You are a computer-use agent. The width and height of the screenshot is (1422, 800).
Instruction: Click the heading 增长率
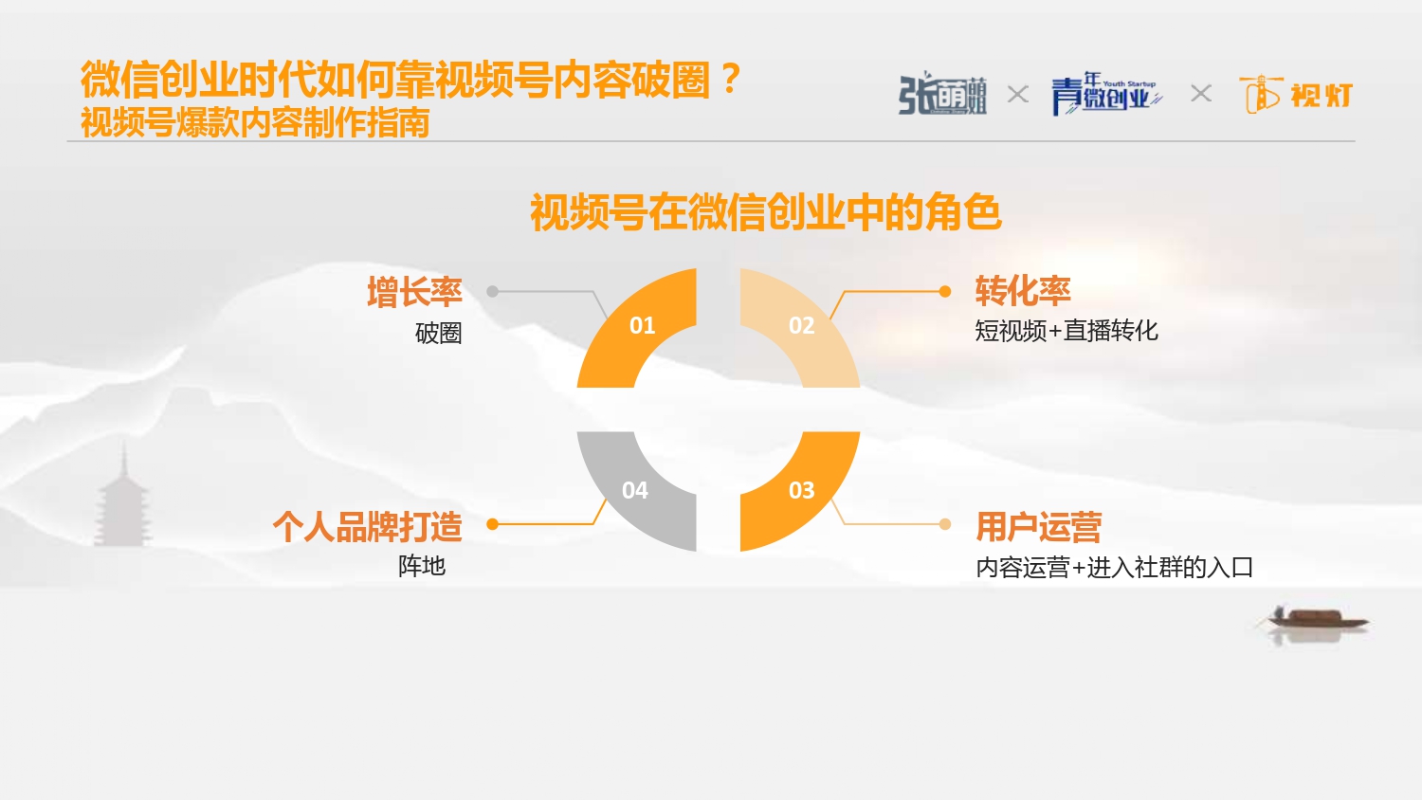click(x=414, y=292)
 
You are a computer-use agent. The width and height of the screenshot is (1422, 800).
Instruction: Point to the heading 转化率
click(x=1023, y=291)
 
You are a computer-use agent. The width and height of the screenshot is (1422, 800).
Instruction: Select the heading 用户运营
click(x=1039, y=526)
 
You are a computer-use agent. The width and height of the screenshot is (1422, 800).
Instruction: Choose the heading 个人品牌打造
click(x=368, y=526)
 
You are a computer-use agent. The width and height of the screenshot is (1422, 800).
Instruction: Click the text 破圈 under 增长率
click(x=439, y=334)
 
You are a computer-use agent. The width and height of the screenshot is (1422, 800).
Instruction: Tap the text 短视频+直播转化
click(x=1066, y=331)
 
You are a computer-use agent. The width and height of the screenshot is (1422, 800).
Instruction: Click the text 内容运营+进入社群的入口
click(x=1115, y=567)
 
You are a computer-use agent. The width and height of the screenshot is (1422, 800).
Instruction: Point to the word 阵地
click(x=422, y=566)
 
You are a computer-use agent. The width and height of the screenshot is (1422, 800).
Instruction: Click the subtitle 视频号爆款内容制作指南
click(x=255, y=122)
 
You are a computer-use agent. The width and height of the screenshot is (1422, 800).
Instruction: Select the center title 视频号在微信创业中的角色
click(x=766, y=212)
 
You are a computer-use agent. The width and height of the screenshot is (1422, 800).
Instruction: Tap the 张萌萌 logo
click(x=942, y=94)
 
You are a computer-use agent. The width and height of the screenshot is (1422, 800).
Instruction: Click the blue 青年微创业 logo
click(x=1107, y=94)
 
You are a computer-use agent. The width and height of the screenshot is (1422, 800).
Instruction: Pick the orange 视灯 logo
click(x=1296, y=95)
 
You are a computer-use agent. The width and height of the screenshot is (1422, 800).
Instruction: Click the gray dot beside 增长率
click(x=493, y=291)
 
